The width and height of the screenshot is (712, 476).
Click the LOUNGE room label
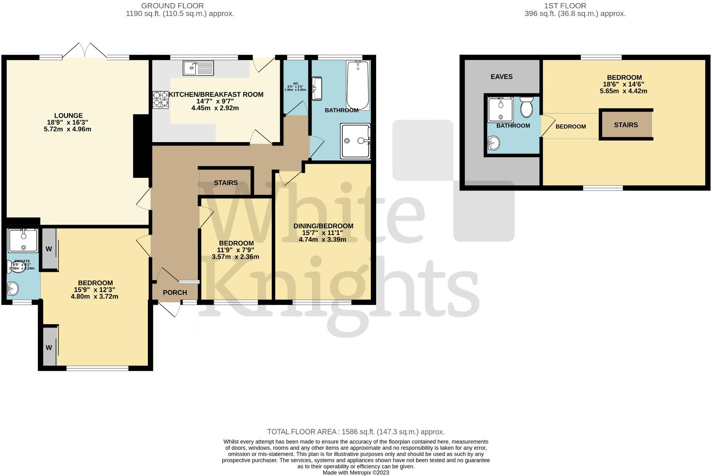(x=68, y=115)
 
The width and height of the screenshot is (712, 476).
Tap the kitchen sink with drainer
(x=198, y=68)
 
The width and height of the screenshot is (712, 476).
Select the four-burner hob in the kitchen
(x=161, y=99)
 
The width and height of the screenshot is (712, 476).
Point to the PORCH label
(x=175, y=293)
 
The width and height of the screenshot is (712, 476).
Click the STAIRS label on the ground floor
(x=226, y=183)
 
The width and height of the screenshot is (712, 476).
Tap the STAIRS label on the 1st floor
(x=626, y=125)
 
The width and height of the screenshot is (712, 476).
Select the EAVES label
(x=501, y=77)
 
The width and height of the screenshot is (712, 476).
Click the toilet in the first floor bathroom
(x=526, y=107)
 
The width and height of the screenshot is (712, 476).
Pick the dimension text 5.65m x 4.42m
(x=624, y=91)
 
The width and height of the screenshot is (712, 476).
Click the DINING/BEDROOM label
(x=323, y=226)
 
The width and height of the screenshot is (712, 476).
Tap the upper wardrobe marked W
(x=49, y=249)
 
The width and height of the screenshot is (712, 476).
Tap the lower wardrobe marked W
(x=49, y=347)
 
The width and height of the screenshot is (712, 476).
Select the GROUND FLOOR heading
(x=172, y=6)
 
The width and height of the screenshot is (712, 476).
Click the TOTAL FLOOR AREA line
(x=356, y=432)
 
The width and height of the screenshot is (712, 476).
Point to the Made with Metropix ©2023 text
(x=356, y=473)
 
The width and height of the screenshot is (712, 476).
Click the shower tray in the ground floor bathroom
(x=355, y=141)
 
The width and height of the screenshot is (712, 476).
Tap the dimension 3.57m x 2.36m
(x=235, y=257)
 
